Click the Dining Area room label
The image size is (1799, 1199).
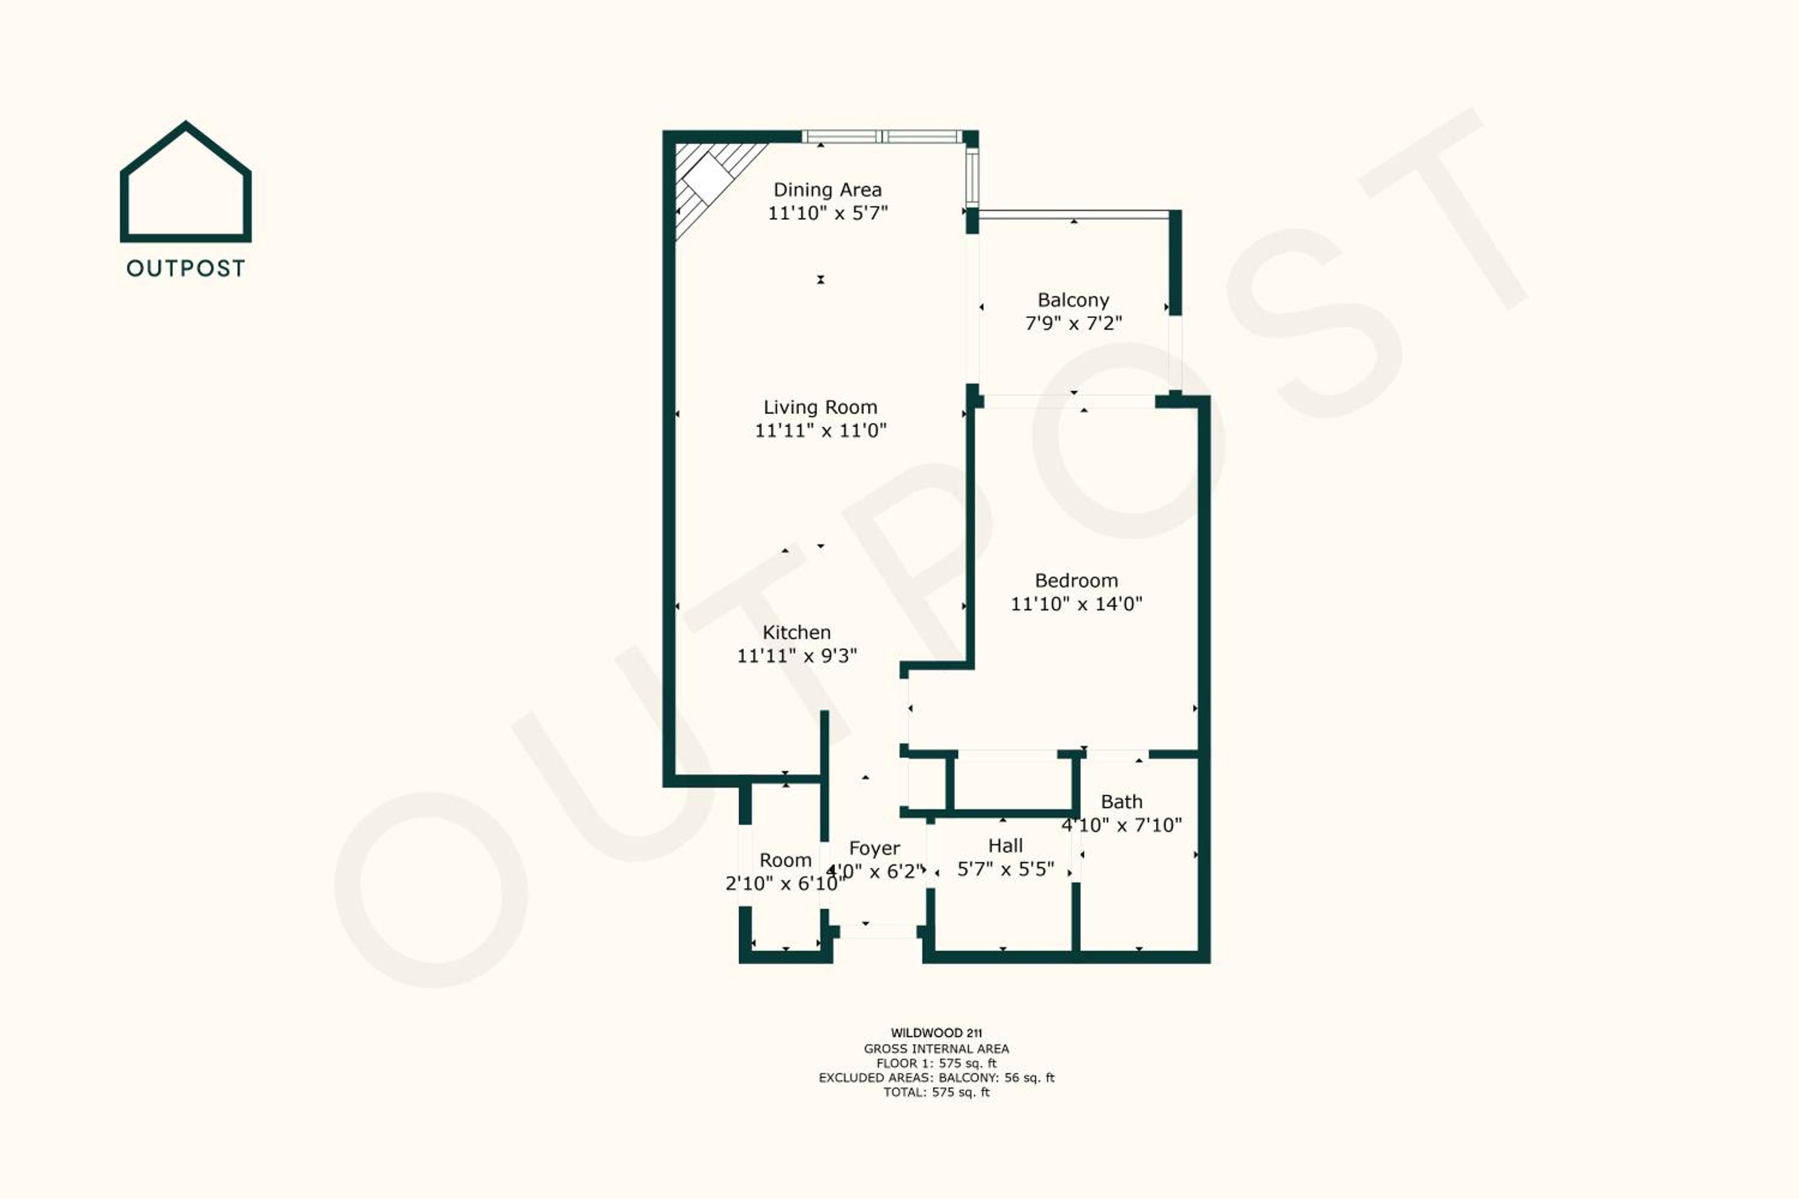click(827, 189)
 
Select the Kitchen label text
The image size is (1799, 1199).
click(796, 632)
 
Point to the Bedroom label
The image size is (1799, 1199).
click(1076, 581)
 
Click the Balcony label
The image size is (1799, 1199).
click(1073, 300)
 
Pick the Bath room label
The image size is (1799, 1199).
click(1121, 802)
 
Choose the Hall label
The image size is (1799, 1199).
click(1005, 846)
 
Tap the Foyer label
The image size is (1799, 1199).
click(874, 849)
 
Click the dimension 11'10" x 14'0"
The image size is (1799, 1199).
click(1076, 604)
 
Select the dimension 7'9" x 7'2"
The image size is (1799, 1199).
click(1073, 324)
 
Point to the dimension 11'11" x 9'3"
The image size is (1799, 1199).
click(796, 656)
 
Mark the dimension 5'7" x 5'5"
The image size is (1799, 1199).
click(1005, 869)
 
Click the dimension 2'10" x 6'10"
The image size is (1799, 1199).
click(785, 884)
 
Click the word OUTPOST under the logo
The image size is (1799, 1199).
click(186, 269)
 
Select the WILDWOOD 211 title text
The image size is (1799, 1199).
click(936, 1033)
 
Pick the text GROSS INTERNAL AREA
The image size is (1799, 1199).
click(936, 1049)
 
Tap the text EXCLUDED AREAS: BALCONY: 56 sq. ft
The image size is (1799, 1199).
click(936, 1078)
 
